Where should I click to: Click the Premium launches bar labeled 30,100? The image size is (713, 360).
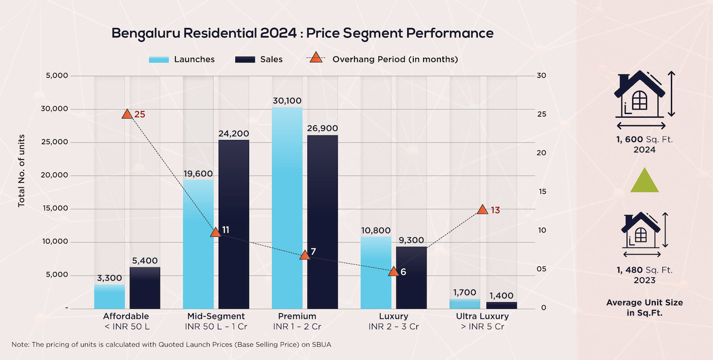pyautogui.click(x=287, y=208)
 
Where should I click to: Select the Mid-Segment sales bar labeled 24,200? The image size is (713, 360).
pyautogui.click(x=234, y=224)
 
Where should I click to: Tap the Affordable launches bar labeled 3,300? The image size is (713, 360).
pyautogui.click(x=109, y=296)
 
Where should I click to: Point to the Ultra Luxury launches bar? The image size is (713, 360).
pyautogui.click(x=465, y=304)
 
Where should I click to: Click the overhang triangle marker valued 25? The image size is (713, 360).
pyautogui.click(x=127, y=114)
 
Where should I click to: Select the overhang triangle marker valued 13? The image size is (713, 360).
pyautogui.click(x=482, y=209)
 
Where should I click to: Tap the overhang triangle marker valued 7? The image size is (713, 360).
pyautogui.click(x=304, y=255)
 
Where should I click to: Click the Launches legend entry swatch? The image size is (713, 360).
pyautogui.click(x=159, y=59)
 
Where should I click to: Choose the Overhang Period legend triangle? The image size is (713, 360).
pyautogui.click(x=316, y=58)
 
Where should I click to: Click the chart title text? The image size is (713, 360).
pyautogui.click(x=302, y=34)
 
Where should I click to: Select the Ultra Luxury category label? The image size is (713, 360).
pyautogui.click(x=482, y=316)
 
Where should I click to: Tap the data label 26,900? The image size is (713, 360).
pyautogui.click(x=322, y=128)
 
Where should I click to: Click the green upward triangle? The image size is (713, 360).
pyautogui.click(x=644, y=181)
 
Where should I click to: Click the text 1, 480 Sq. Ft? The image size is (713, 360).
pyautogui.click(x=644, y=270)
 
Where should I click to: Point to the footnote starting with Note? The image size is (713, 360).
pyautogui.click(x=171, y=344)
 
